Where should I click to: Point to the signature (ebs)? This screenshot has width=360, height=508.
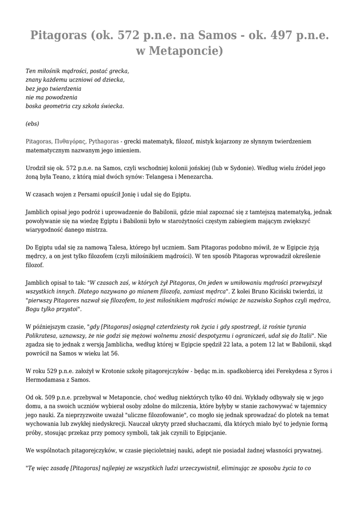coord(32,124)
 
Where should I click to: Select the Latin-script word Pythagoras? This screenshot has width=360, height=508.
coord(103,141)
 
